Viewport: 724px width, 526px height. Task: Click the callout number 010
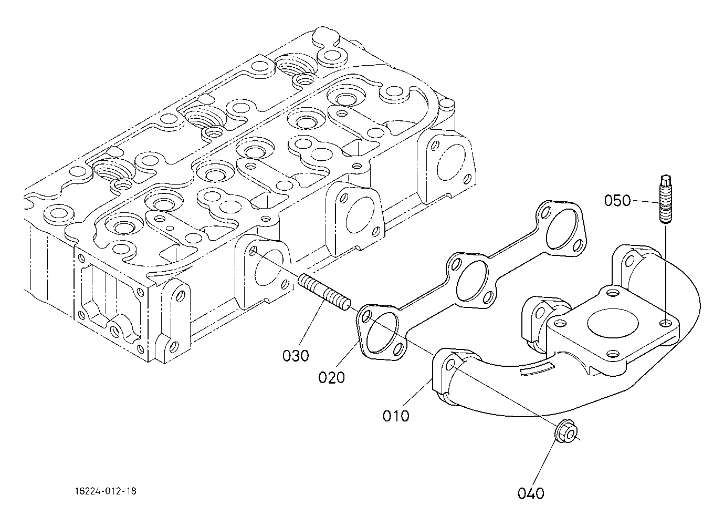tap(396, 416)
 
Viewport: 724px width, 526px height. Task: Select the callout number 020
tap(331, 377)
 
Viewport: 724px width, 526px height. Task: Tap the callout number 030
tap(296, 356)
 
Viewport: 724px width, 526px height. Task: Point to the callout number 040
tap(531, 493)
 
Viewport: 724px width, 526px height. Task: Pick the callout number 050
tap(617, 201)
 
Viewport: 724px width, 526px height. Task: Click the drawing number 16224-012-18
tap(106, 491)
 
